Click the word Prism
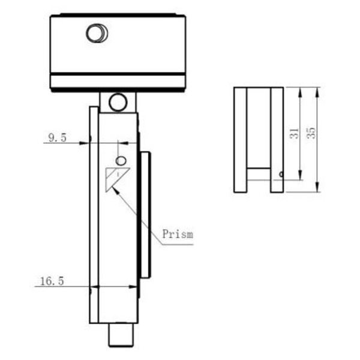(x=178, y=234)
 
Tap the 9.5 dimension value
(x=57, y=138)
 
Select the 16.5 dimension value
(x=52, y=281)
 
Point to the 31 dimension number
(x=294, y=134)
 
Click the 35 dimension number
(x=311, y=133)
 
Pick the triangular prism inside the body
(x=113, y=178)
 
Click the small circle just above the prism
(x=121, y=161)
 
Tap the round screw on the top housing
(x=97, y=32)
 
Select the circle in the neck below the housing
(x=118, y=102)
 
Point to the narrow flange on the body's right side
(x=145, y=215)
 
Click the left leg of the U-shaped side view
(x=240, y=140)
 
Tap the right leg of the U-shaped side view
(x=277, y=140)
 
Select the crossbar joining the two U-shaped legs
(x=258, y=173)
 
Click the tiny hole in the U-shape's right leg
(x=280, y=175)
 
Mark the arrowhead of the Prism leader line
(x=115, y=188)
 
